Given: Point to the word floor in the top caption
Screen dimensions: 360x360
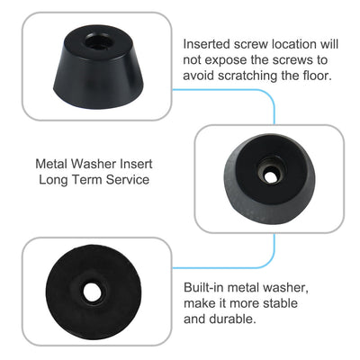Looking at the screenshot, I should [314, 76].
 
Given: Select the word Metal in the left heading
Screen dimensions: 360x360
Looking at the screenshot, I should [51, 165].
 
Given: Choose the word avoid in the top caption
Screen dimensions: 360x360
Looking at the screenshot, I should [201, 76].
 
